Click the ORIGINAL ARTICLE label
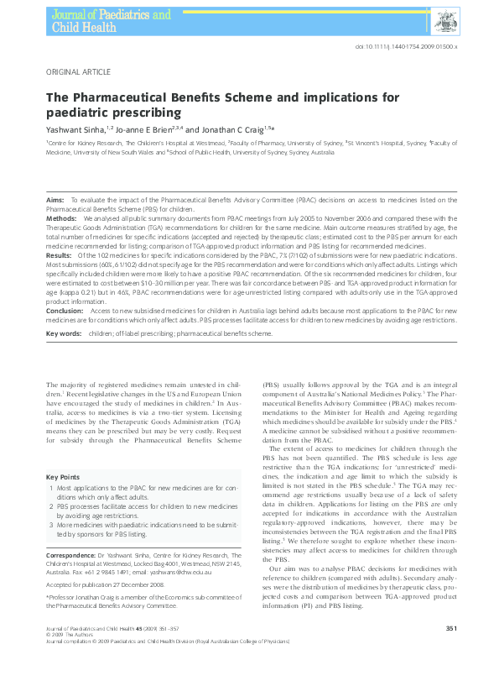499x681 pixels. [71, 74]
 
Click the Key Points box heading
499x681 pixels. [69, 478]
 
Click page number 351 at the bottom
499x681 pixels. [450, 652]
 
